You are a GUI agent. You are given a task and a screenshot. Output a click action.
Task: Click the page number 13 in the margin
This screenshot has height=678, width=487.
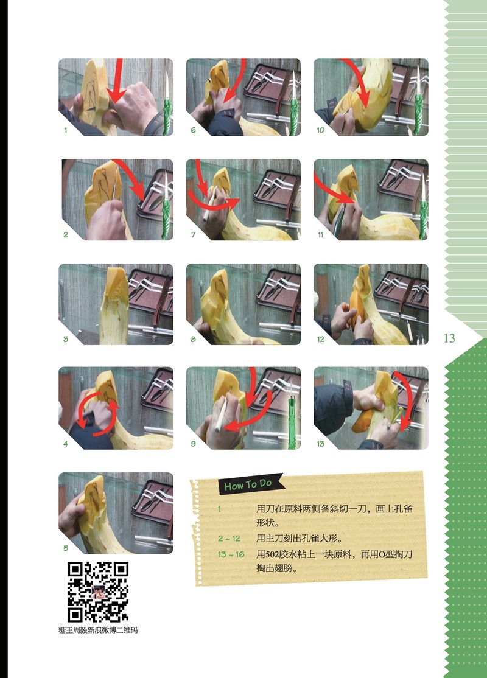point(449,338)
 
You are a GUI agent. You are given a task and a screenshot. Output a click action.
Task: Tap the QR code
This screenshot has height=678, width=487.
point(98,592)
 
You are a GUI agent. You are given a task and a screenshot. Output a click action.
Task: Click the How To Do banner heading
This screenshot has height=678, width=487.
point(248,484)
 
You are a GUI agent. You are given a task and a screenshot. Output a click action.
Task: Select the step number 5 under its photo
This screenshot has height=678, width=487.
point(66,548)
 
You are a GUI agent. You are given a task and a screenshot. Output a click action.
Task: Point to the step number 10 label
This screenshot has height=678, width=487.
point(320,130)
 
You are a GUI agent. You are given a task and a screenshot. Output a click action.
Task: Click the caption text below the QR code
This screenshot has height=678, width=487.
point(98,631)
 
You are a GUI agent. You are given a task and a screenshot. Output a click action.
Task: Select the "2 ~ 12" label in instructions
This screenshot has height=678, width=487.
point(229,539)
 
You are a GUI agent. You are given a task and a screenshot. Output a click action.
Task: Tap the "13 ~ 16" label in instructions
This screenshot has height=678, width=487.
point(231,554)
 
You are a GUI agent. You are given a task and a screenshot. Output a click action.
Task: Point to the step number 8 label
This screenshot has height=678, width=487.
point(194,339)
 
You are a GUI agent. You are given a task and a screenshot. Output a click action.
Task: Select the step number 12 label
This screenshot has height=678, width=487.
point(320,339)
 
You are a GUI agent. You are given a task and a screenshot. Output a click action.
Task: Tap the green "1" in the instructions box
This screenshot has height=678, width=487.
point(219,509)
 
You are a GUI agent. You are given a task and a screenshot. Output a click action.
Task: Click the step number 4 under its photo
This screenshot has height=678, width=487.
point(66,444)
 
